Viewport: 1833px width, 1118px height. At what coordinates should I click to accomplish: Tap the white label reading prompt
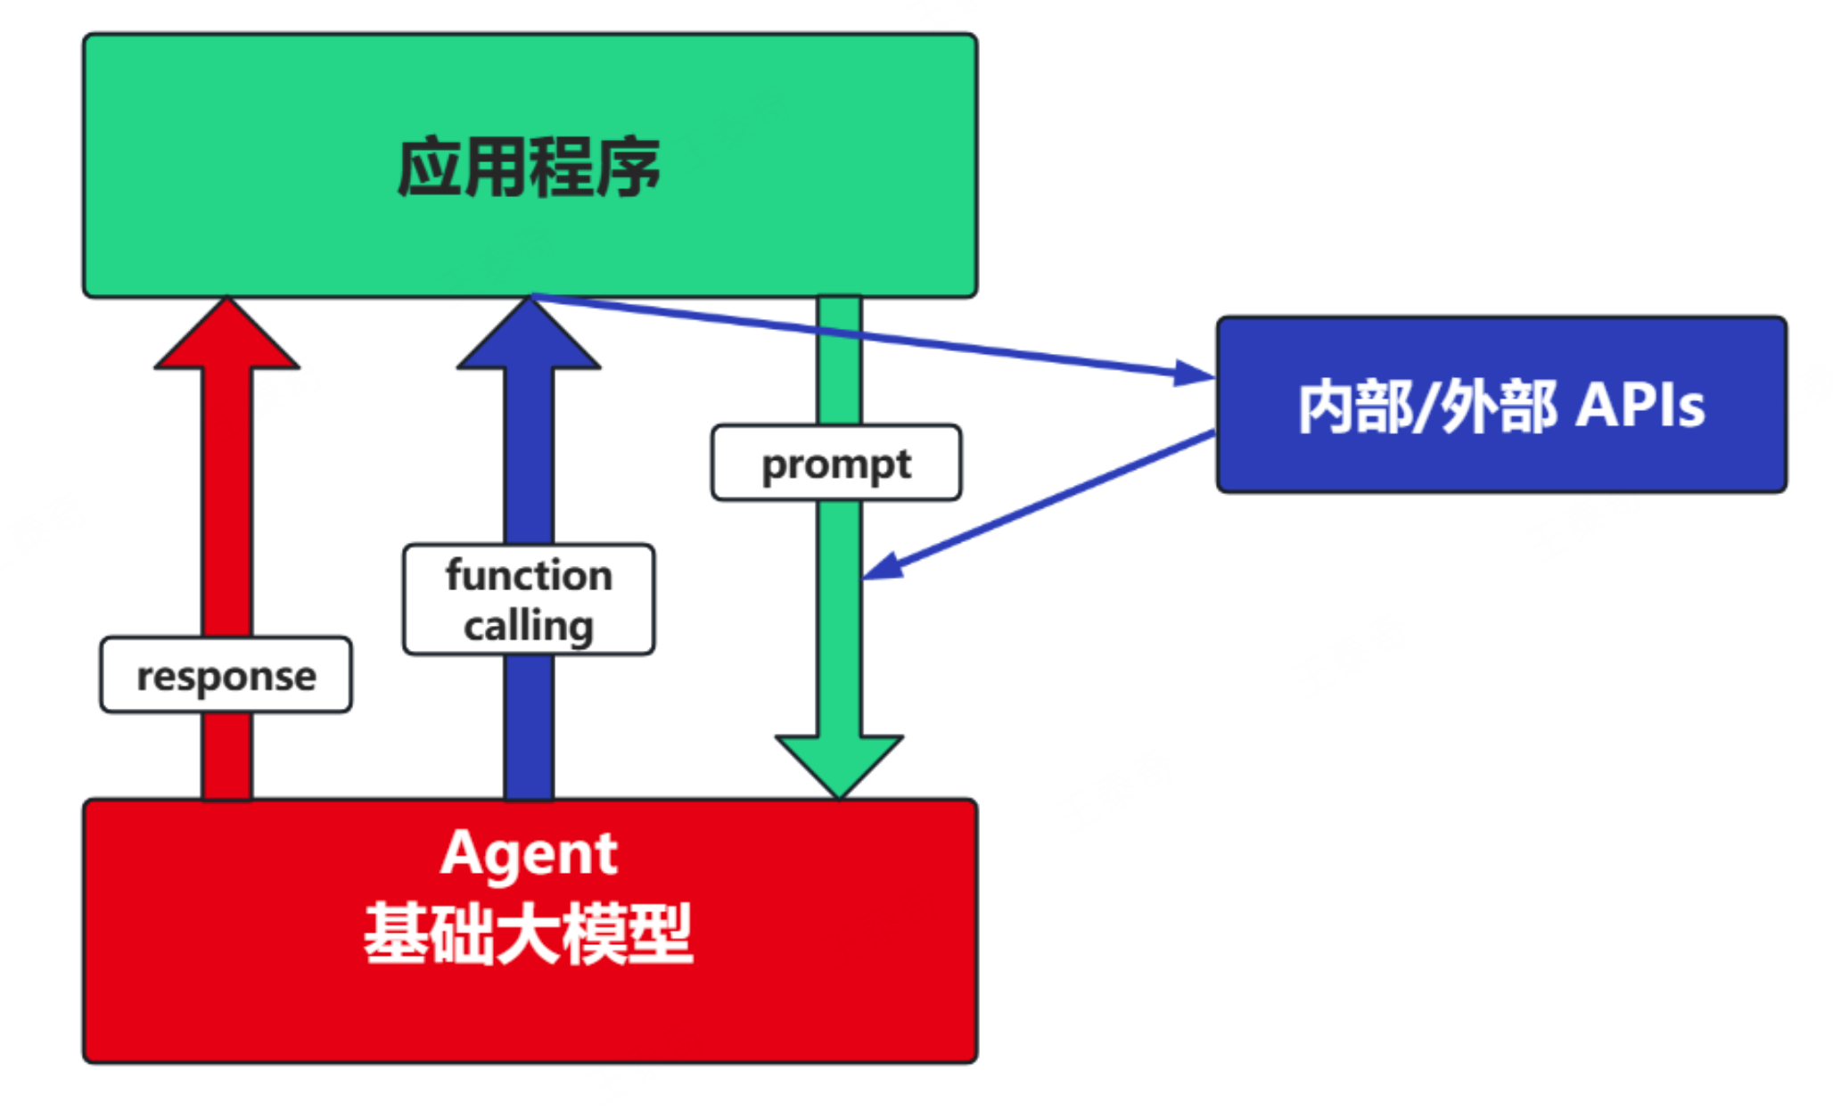835,464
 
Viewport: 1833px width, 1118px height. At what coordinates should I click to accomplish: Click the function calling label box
529,599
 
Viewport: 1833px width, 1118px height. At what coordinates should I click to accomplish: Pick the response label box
226,675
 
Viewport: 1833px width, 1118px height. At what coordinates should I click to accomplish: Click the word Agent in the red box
529,853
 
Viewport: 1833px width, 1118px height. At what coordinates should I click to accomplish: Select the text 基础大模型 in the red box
529,933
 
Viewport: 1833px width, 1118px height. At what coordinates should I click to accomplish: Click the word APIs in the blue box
1640,406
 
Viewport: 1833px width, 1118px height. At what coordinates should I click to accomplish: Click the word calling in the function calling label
529,625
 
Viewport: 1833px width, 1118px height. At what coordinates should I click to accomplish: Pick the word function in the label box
529,575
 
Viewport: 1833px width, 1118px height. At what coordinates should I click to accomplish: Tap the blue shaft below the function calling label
529,727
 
